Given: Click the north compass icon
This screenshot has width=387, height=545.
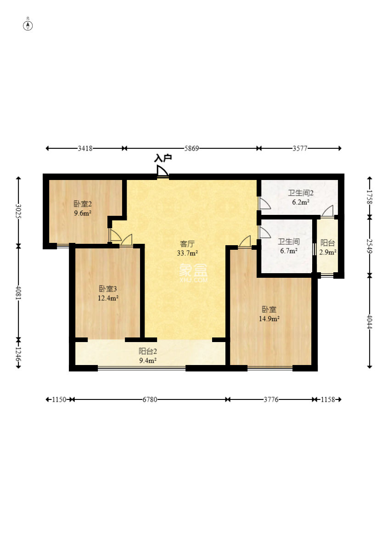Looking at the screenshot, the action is pyautogui.click(x=28, y=25).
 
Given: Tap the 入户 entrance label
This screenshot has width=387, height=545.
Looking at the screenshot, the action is pyautogui.click(x=163, y=158).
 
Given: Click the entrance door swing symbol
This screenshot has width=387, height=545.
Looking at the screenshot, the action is pyautogui.click(x=162, y=171).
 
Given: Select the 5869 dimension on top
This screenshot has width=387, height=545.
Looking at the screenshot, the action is pyautogui.click(x=191, y=148).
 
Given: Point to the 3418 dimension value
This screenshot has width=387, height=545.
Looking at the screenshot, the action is pyautogui.click(x=85, y=148).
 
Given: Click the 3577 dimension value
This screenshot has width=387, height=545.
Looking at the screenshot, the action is pyautogui.click(x=300, y=148).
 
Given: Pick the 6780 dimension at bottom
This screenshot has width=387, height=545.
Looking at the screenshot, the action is pyautogui.click(x=150, y=400).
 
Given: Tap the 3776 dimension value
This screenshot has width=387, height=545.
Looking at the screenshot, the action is pyautogui.click(x=270, y=400).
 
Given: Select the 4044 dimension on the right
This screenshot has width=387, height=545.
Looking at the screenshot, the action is pyautogui.click(x=370, y=321).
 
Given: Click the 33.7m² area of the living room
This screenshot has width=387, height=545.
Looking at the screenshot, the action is pyautogui.click(x=187, y=253).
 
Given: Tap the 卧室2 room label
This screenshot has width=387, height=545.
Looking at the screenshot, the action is pyautogui.click(x=83, y=204).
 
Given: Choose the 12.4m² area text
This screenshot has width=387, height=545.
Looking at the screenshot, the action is pyautogui.click(x=108, y=298).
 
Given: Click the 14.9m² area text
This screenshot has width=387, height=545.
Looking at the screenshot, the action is pyautogui.click(x=269, y=318).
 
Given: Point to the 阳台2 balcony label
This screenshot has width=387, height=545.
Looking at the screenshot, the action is pyautogui.click(x=148, y=351).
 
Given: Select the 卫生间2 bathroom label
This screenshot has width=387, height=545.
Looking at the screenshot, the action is pyautogui.click(x=301, y=193).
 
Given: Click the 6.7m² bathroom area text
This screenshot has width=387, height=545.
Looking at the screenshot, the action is pyautogui.click(x=289, y=251).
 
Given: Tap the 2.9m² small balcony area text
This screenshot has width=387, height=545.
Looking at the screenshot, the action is pyautogui.click(x=328, y=252).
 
